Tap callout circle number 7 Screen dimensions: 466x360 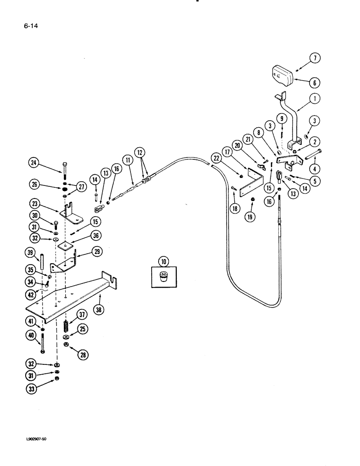[315, 59]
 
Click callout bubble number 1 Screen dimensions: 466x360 [315, 98]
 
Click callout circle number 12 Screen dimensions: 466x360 [140, 152]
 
